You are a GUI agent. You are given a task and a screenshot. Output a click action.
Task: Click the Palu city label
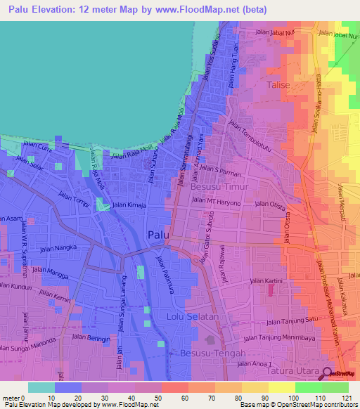click(157, 235)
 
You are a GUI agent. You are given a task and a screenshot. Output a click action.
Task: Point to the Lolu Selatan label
click(188, 317)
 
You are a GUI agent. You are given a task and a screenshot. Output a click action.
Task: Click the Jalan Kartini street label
click(266, 281)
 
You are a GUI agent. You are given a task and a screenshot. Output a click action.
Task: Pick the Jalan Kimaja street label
click(129, 204)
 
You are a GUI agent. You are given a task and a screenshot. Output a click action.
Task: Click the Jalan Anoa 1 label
click(252, 363)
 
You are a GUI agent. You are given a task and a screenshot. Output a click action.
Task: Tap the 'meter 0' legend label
click(14, 398)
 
